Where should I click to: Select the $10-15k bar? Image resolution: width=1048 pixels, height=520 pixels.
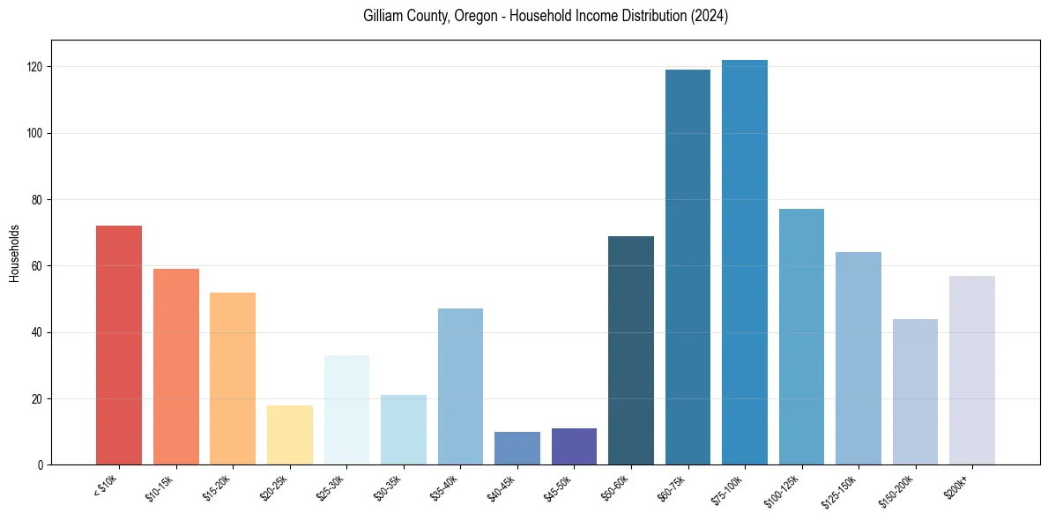175,367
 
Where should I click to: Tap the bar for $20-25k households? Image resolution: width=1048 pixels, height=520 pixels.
289,435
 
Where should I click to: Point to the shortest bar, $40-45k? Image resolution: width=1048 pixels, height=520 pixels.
517,448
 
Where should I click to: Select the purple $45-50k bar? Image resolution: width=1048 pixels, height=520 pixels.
574,446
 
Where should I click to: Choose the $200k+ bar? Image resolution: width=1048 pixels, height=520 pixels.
971,370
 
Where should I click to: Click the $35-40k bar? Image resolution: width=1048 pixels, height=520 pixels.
460,386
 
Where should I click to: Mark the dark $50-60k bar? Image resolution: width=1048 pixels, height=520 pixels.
631,350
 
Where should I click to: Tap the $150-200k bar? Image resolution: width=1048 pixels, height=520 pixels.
915,391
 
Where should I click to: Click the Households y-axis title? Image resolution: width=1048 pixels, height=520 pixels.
14,253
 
